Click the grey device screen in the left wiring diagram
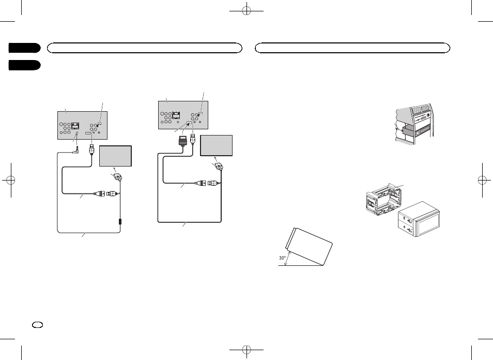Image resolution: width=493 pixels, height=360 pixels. pos(116,156)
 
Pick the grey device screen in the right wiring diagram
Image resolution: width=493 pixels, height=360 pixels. pos(216,145)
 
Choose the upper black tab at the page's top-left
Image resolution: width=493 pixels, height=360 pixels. pos(24,48)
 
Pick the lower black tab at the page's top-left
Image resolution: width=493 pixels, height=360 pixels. pos(24,65)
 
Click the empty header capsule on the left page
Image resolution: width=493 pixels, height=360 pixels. pos(144,48)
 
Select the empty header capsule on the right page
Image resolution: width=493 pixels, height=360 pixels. pos(353,48)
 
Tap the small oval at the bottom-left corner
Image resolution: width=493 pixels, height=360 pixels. pos(37,324)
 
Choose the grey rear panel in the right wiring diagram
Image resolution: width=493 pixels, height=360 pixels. pos(182,115)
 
